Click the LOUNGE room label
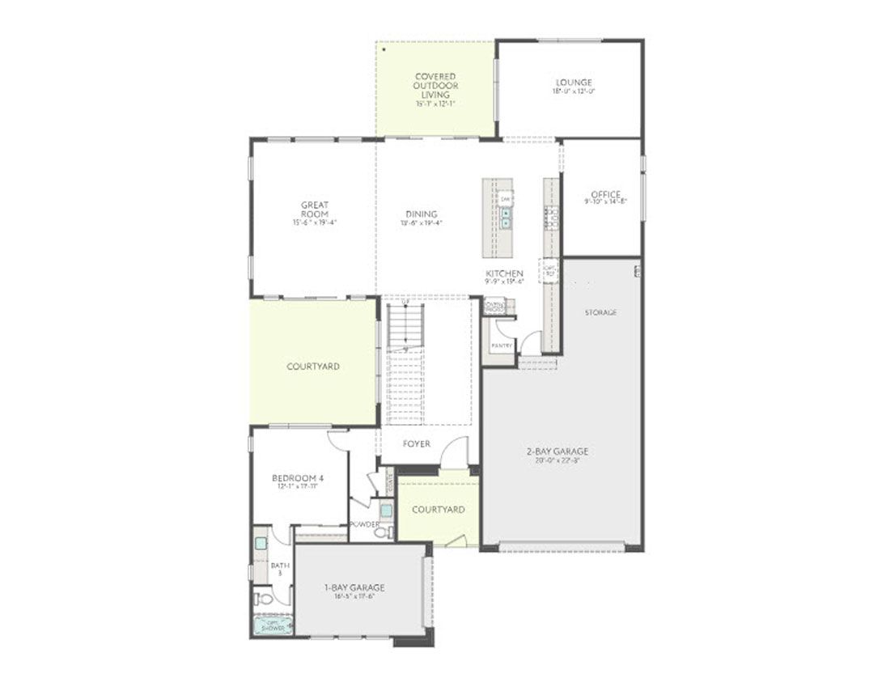tap(574, 83)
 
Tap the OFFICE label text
tap(605, 194)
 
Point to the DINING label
tap(422, 214)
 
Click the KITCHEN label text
tap(504, 273)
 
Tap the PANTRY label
tap(502, 345)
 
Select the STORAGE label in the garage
tap(600, 312)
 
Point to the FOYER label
tap(417, 444)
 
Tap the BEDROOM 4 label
tap(299, 478)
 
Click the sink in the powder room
tap(386, 510)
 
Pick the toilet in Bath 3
tap(263, 599)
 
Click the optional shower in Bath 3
tap(273, 625)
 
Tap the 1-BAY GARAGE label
tap(354, 587)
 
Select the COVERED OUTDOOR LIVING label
tap(435, 85)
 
